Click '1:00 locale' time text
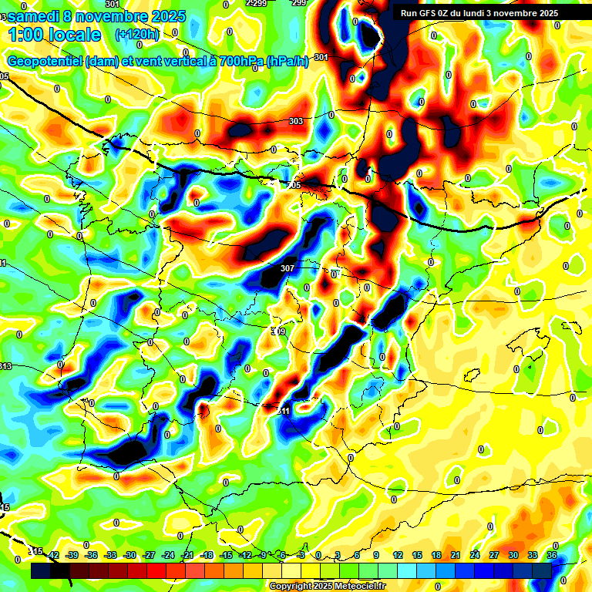pyautogui.click(x=54, y=35)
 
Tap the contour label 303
pyautogui.click(x=295, y=121)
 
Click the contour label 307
pyautogui.click(x=288, y=268)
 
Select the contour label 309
pyautogui.click(x=278, y=331)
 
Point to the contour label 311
pyautogui.click(x=283, y=411)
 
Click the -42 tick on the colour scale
pyautogui.click(x=53, y=555)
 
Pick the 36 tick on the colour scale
pyautogui.click(x=552, y=555)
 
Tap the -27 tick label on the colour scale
pyautogui.click(x=149, y=555)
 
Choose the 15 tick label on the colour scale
pyautogui.click(x=417, y=555)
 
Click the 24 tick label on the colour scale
pyautogui.click(x=475, y=555)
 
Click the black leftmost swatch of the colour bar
pyautogui.click(x=40, y=571)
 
